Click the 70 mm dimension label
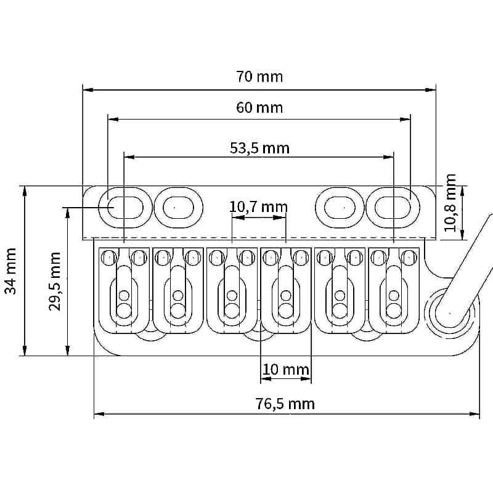coord(259,76)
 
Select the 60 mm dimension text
coord(259,107)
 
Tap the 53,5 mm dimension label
coord(259,148)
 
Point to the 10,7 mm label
coord(258,207)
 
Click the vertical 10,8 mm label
coord(450,203)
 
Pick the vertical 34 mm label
coord(10,271)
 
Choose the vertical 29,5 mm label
coord(55,281)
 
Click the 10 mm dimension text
coord(285,369)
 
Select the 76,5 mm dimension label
coord(285,404)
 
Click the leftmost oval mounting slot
coord(126,208)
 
